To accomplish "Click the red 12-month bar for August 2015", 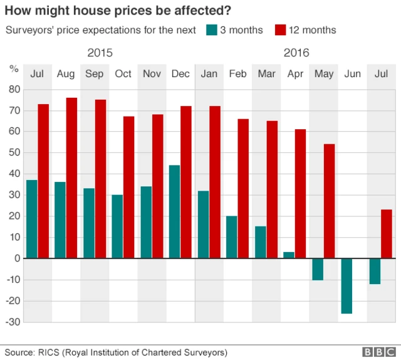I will point(71,178).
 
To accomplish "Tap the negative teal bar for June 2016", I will point(346,286).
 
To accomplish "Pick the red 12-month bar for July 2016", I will point(387,234).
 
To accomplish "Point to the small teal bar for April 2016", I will point(289,255).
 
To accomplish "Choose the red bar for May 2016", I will point(329,201).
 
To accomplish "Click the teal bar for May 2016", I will point(318,269).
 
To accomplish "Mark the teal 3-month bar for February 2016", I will point(231,237).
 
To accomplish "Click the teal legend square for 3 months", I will point(211,30).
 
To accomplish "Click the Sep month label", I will point(95,74).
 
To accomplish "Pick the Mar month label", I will point(266,74).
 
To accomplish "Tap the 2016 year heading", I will point(296,53).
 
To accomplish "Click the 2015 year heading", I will point(100,53).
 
